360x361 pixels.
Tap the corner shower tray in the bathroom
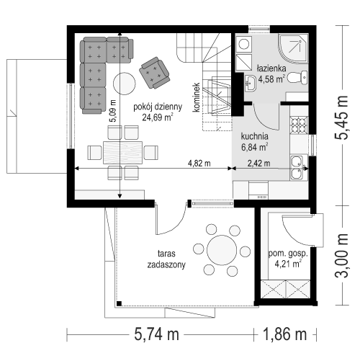pos(293,49)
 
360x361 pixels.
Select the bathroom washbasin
pos(251,83)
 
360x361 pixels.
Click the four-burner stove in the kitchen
pos(299,125)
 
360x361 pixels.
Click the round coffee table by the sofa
pos(125,84)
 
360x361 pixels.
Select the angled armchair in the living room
pos(155,73)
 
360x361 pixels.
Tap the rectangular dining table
pos(123,153)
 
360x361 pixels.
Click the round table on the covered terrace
pos(222,250)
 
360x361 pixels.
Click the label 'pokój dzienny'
pos(158,107)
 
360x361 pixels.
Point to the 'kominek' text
pos(197,97)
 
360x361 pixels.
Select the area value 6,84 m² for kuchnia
pos(254,147)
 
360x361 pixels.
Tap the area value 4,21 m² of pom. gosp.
pos(288,264)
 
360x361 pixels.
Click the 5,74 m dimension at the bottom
pos(156,334)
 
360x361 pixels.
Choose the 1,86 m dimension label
pos(285,334)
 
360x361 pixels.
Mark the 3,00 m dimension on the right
pos(341,255)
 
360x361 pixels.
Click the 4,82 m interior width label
pos(199,164)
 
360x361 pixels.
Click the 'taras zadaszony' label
pos(166,259)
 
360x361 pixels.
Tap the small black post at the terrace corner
pos(119,303)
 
